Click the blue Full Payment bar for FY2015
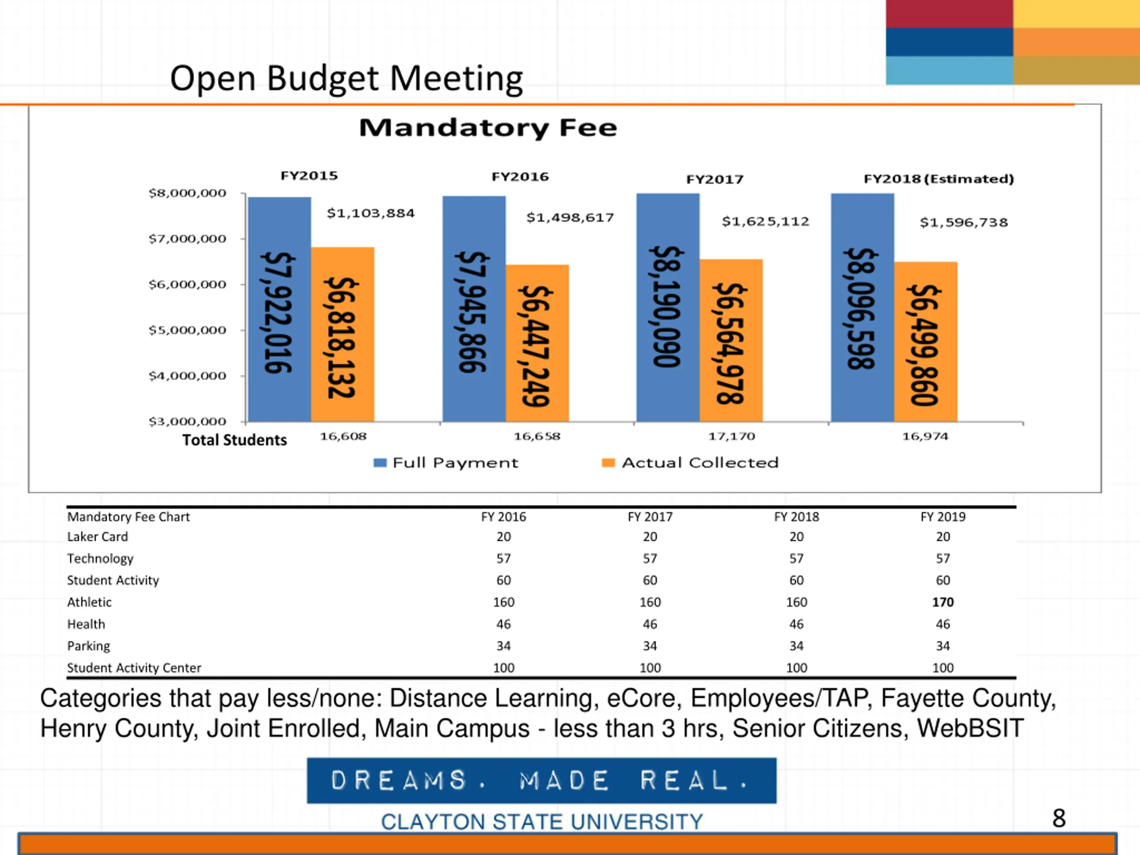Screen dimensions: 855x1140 [279, 309]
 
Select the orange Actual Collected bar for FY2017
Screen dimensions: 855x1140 [731, 340]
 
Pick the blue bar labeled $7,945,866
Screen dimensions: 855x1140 [474, 309]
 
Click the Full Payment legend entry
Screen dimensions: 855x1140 [446, 463]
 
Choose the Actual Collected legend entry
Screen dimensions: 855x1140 [691, 463]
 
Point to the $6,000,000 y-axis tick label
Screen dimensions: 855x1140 [187, 285]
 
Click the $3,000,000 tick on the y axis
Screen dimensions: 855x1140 [187, 422]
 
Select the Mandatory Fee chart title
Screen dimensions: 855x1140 [488, 127]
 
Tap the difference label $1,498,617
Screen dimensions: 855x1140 [570, 217]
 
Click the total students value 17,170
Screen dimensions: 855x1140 [731, 436]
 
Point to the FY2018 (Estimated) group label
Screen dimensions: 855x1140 [938, 179]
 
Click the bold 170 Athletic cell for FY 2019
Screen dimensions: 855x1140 [943, 602]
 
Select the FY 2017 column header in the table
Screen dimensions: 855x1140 [650, 517]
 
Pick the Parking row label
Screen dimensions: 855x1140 [89, 646]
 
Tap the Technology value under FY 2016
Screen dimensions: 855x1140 [504, 559]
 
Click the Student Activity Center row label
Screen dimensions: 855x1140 [134, 668]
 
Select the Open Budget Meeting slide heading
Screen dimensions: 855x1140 [346, 78]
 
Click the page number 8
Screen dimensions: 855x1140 [1059, 818]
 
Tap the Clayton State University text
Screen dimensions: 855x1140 [541, 822]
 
